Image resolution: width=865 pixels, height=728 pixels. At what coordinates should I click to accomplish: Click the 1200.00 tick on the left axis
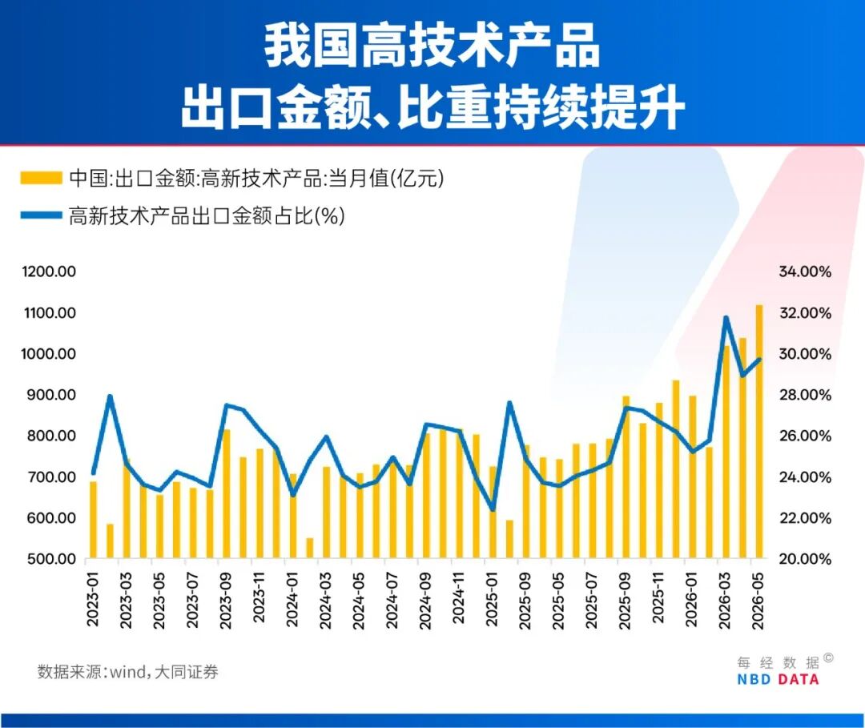49,271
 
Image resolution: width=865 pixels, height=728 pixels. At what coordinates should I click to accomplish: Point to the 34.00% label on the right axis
805,271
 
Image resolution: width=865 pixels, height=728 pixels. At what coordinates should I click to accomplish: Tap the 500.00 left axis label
51,559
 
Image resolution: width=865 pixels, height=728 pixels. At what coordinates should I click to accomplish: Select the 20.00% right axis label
805,559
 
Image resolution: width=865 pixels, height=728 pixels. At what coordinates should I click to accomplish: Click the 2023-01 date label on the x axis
93,600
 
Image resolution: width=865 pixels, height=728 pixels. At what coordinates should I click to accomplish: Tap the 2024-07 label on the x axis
392,601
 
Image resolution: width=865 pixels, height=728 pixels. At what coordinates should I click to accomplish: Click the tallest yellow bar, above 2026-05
759,432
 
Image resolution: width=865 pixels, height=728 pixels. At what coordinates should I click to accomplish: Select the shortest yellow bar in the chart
309,549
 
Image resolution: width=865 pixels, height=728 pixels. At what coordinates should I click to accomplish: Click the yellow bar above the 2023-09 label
226,493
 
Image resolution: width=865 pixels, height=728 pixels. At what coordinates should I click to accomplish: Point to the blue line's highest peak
726,318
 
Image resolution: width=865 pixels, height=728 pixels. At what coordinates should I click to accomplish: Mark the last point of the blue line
759,360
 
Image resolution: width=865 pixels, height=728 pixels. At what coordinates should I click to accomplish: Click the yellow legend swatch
42,178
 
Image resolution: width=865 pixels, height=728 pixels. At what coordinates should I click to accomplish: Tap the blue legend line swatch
42,215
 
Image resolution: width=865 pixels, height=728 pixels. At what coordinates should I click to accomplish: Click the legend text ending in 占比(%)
207,215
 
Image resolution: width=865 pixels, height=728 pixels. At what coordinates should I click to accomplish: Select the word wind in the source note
127,672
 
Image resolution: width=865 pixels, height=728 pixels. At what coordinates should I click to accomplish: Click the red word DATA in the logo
799,679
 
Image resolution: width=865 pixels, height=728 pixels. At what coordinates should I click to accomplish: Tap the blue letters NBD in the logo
754,679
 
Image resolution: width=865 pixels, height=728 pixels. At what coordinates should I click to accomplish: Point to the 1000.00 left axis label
49,353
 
